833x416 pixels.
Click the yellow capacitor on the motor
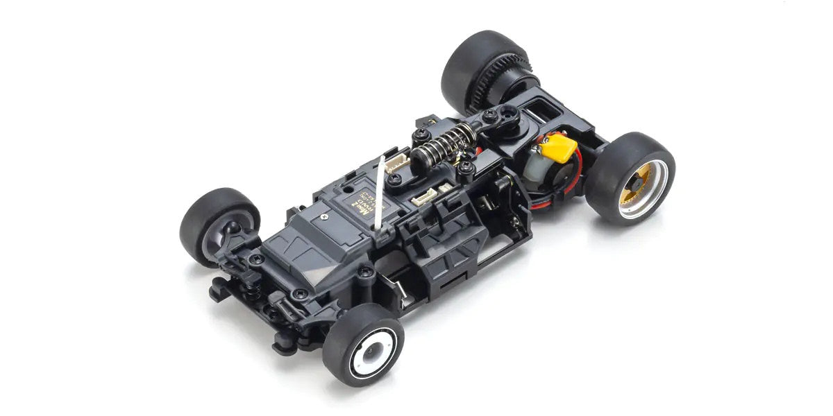click(559, 148)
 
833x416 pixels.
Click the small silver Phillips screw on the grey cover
click(324, 217)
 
